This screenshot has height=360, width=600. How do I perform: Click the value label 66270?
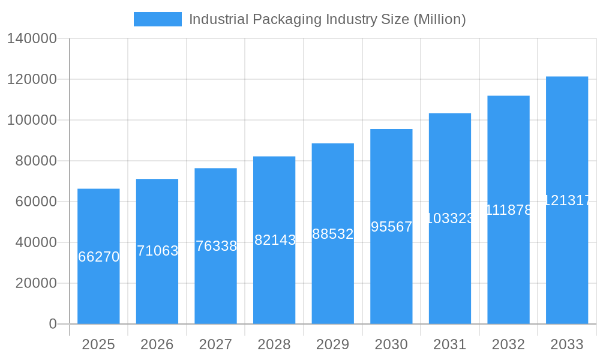tap(99, 257)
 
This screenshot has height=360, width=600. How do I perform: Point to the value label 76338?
tap(216, 246)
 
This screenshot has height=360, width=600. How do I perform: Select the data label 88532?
tap(333, 234)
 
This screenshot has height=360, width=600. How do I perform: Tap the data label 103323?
tap(450, 218)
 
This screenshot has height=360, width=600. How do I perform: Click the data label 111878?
tap(508, 210)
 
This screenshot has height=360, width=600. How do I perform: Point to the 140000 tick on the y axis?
tap(32, 39)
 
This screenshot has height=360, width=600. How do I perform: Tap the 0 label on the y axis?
tap(53, 324)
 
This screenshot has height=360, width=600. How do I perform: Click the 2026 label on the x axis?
tap(157, 344)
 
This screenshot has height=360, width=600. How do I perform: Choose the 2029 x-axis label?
tap(333, 344)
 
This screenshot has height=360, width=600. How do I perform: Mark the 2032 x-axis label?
tap(508, 344)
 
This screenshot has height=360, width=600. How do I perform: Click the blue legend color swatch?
tap(157, 19)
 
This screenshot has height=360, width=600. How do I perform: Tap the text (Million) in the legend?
tap(439, 19)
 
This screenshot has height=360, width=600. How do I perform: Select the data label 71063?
tap(158, 251)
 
